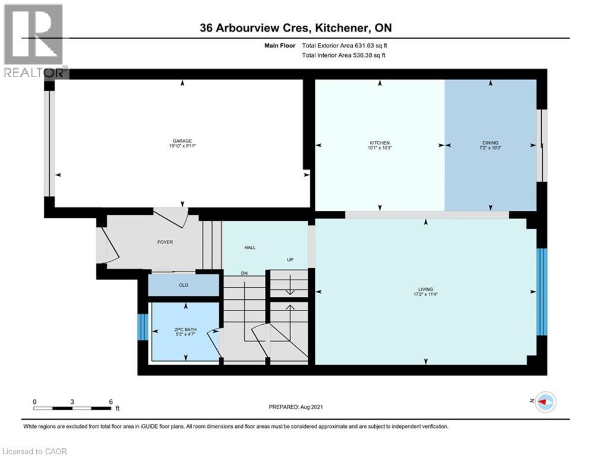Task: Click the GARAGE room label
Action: [182, 141]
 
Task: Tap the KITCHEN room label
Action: [380, 143]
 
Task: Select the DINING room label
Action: [491, 143]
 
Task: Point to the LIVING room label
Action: [425, 289]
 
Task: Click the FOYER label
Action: [165, 242]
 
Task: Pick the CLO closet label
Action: [184, 285]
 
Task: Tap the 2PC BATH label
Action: [185, 330]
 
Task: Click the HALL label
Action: [250, 248]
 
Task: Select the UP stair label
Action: [290, 259]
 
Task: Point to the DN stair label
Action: [244, 273]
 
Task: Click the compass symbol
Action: [546, 402]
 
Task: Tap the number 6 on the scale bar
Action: [111, 402]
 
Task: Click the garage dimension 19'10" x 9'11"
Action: [182, 146]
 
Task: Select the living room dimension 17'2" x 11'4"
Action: [425, 294]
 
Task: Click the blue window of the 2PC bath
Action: [143, 327]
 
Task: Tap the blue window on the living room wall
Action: [542, 292]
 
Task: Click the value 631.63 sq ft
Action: [371, 46]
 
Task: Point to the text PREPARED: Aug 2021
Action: [296, 407]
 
